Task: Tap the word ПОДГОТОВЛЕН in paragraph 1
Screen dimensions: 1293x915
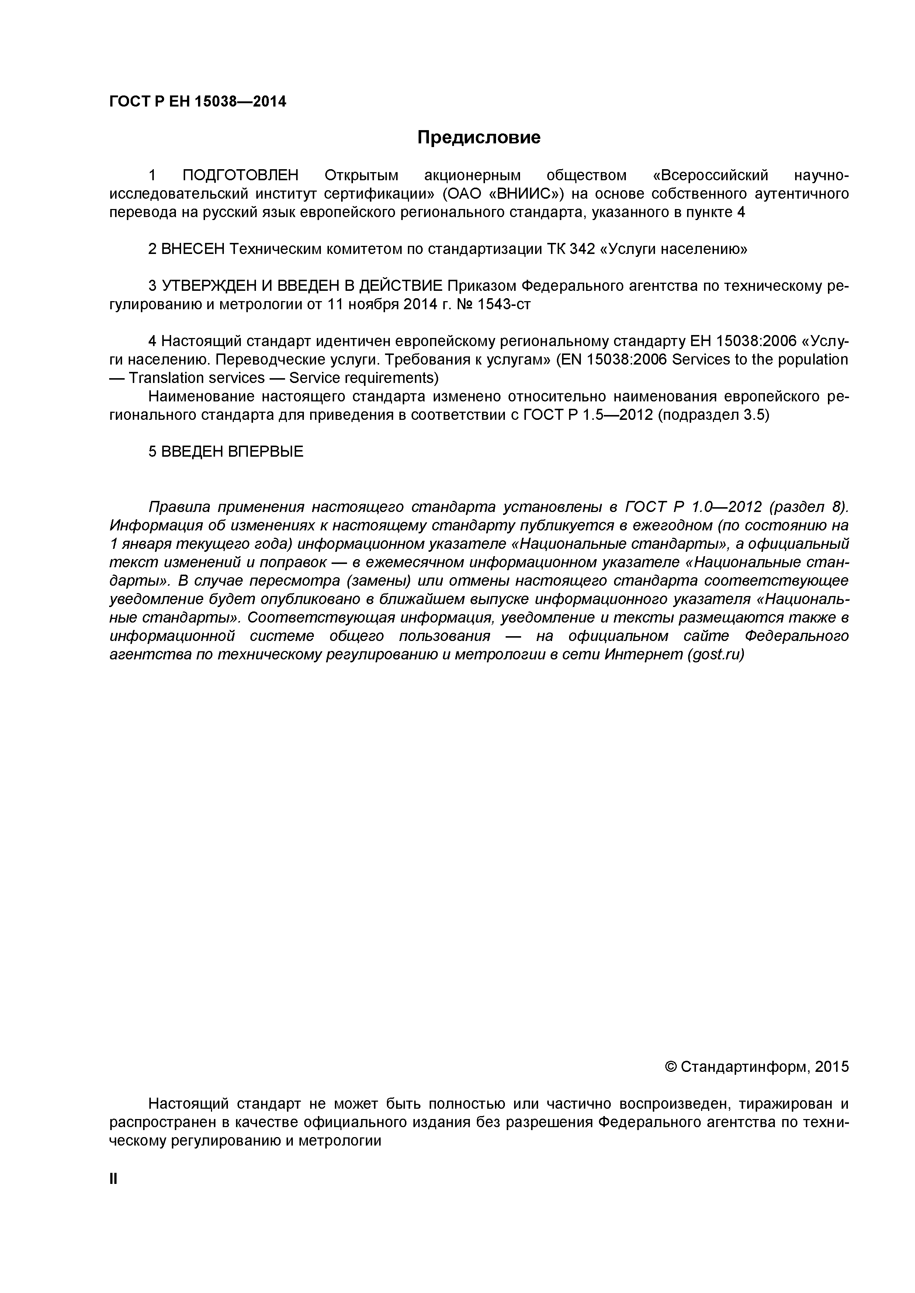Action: pyautogui.click(x=240, y=176)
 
